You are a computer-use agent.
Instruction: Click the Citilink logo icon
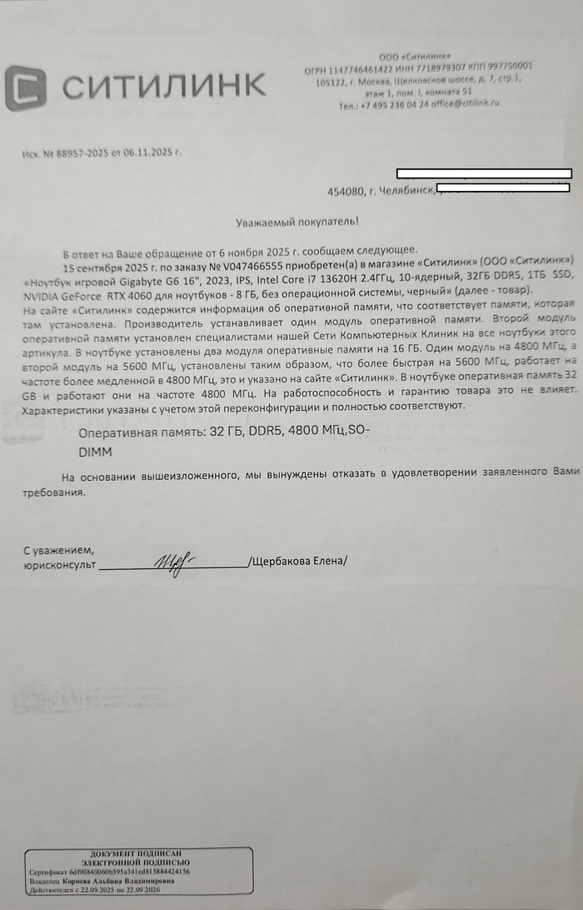25,88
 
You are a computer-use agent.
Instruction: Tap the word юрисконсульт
59,564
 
